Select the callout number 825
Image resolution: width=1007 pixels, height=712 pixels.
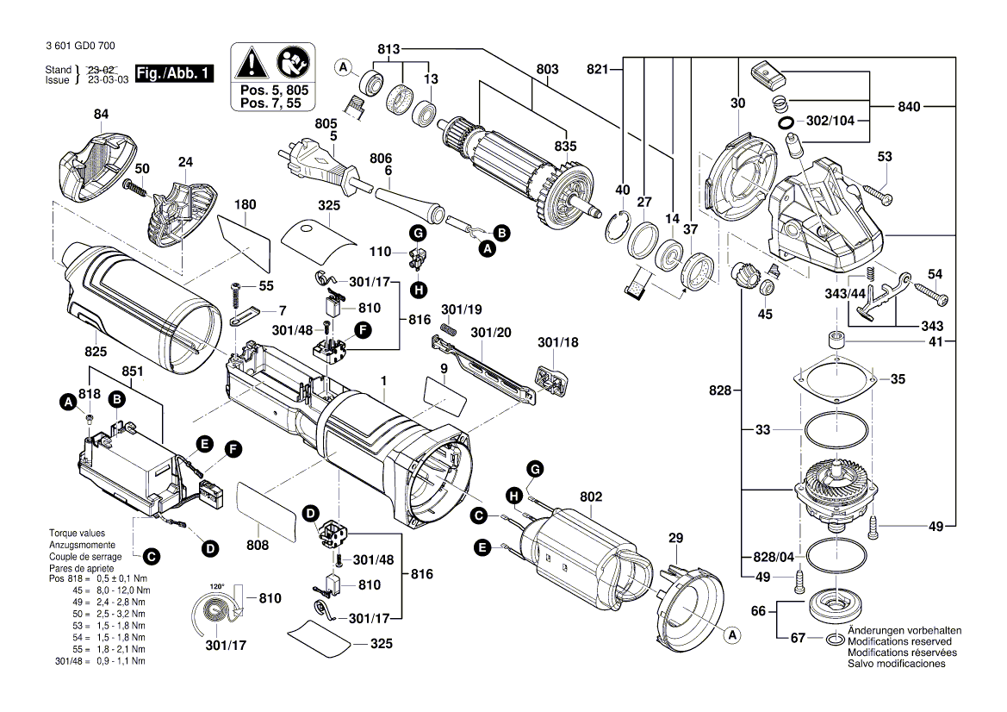click(96, 351)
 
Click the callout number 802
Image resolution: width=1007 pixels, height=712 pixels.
click(591, 497)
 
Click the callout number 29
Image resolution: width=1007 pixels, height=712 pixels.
click(675, 538)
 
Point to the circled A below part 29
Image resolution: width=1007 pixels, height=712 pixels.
click(733, 636)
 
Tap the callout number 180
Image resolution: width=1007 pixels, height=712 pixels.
click(246, 205)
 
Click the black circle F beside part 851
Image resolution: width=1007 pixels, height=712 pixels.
click(233, 449)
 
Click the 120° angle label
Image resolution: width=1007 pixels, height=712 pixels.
click(216, 586)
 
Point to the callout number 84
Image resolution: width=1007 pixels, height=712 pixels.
click(102, 115)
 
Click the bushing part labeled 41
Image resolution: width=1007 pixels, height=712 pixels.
click(835, 340)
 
